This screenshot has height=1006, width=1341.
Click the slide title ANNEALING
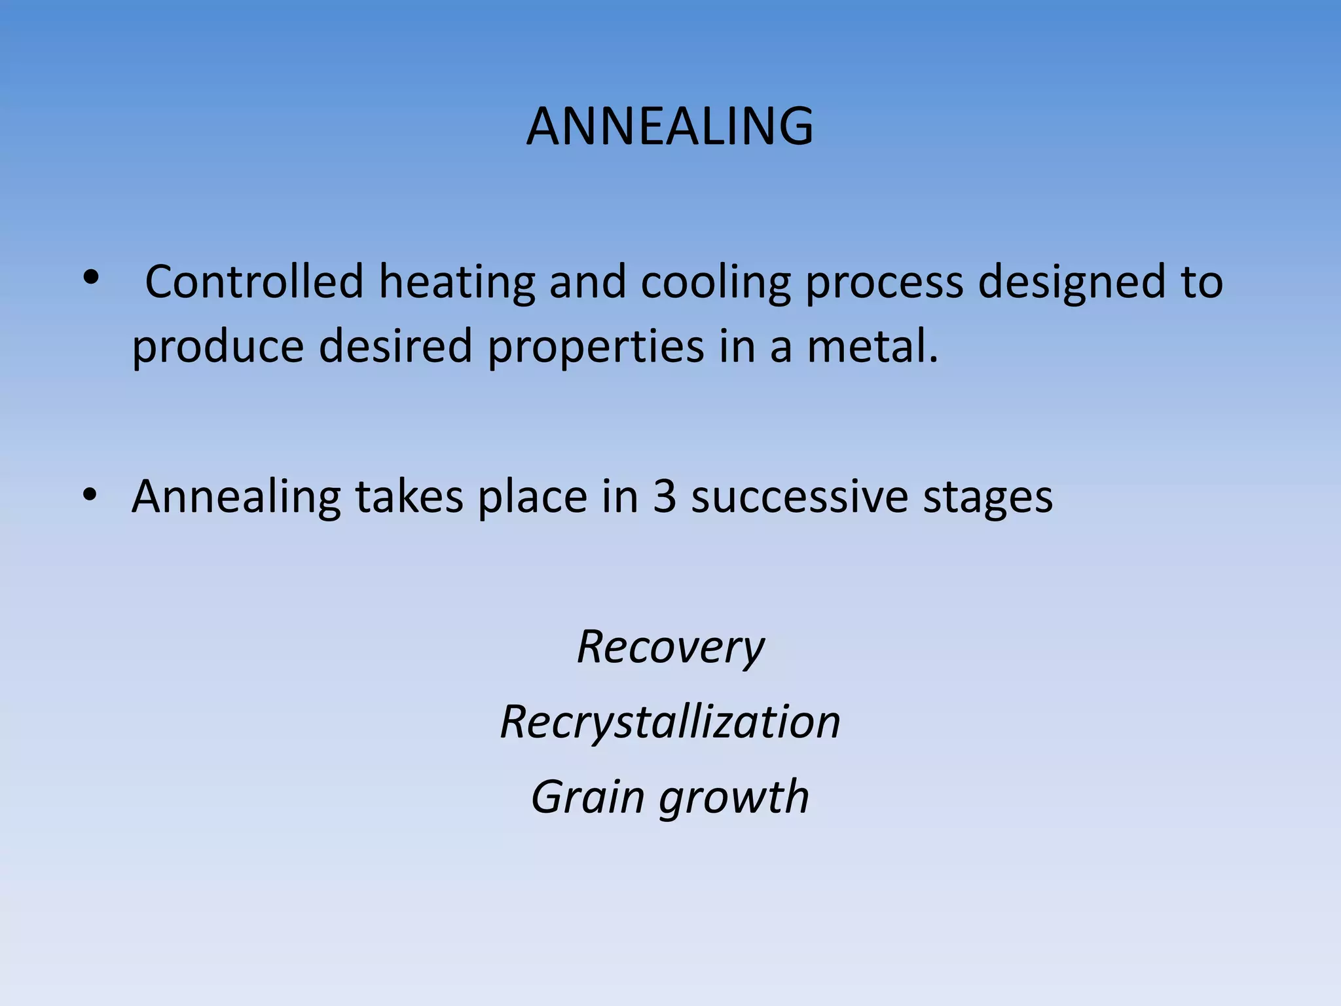670,126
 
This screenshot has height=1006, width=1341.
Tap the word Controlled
253,282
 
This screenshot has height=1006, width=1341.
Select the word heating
456,283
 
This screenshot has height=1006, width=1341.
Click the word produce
217,347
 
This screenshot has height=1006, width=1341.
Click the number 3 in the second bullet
664,496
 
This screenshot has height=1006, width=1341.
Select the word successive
799,496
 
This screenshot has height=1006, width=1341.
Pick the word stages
987,498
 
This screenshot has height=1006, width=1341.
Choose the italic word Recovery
670,647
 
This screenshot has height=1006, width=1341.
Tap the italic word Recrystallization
670,722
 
